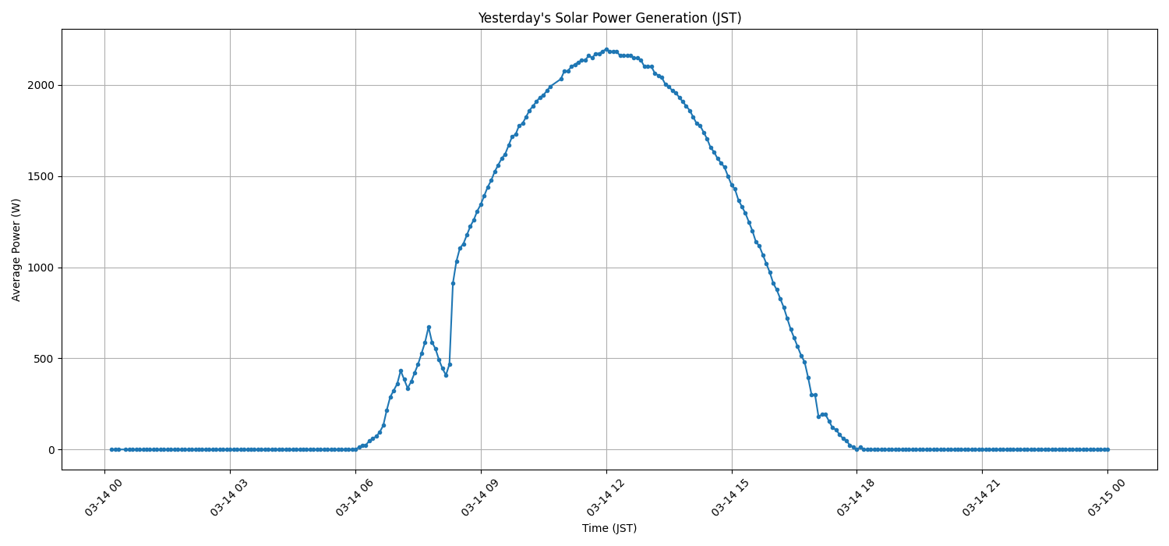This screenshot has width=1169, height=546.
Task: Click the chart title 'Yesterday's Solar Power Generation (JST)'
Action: (609, 18)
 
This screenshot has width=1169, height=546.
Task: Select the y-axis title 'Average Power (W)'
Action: (16, 250)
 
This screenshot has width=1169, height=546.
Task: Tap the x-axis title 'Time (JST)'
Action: (609, 528)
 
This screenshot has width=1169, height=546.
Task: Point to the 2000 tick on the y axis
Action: (43, 85)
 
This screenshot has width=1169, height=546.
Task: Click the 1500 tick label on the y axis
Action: (43, 176)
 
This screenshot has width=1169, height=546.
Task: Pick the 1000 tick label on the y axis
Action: (43, 268)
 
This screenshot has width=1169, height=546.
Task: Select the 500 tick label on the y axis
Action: (47, 359)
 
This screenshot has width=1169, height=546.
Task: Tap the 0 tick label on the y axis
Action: (52, 450)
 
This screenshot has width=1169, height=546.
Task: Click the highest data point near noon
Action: (606, 49)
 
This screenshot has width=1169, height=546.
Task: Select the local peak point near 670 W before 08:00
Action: (429, 327)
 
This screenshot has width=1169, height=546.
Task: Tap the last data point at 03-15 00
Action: (1107, 449)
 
